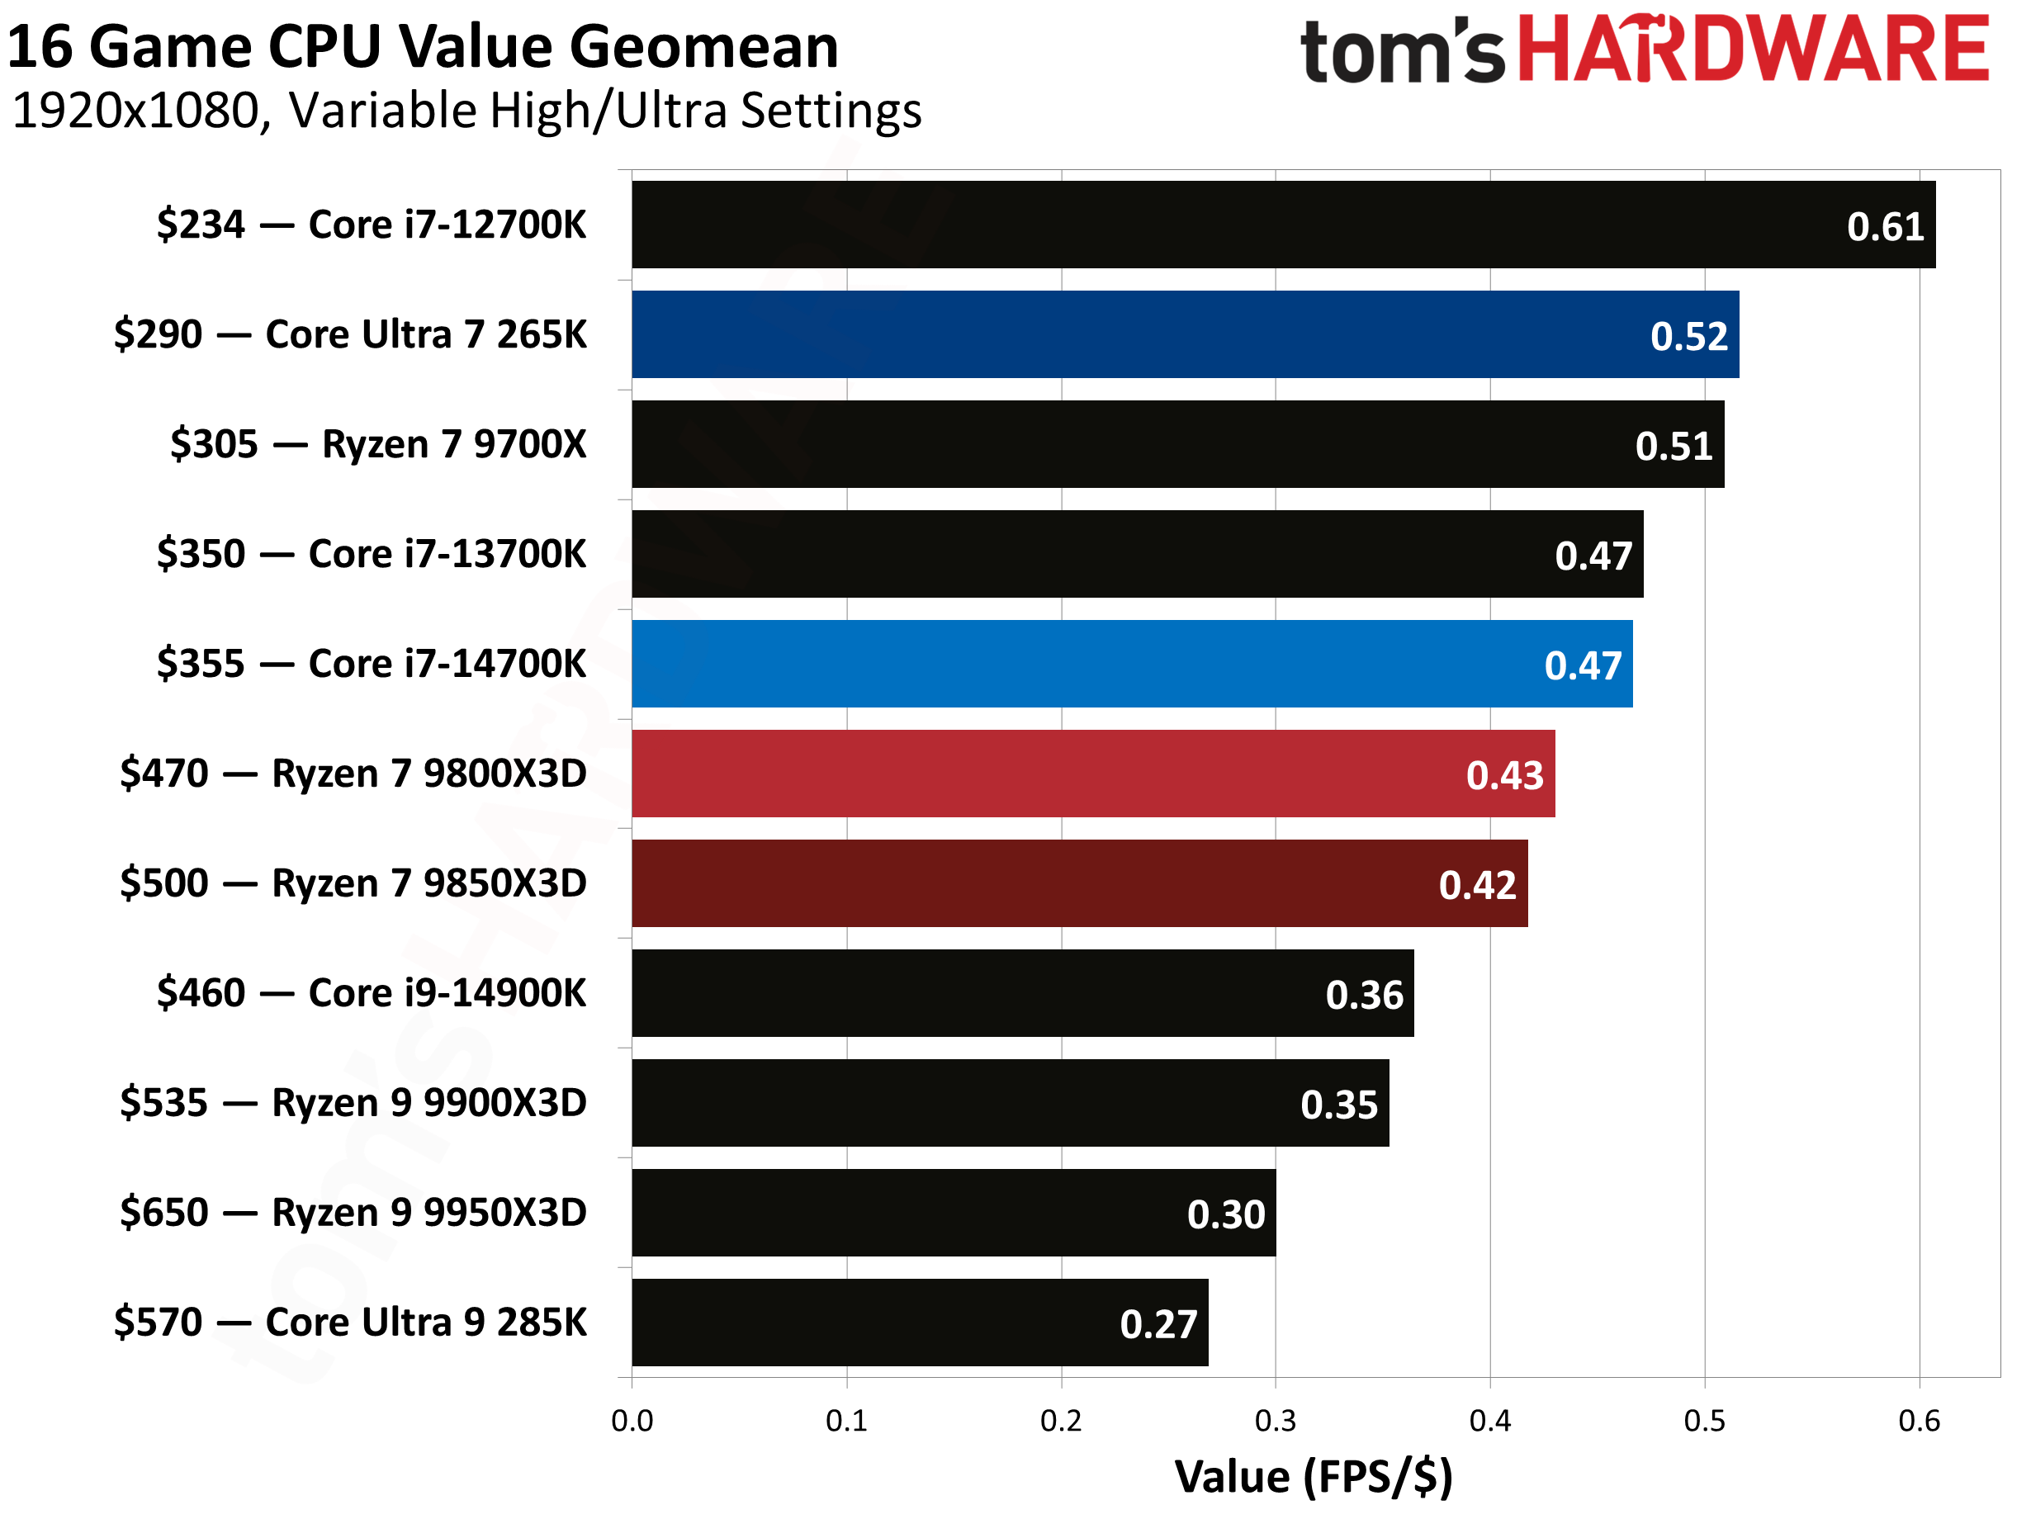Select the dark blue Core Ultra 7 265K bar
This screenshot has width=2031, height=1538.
pos(1185,334)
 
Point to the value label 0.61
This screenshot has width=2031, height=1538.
pos(1885,227)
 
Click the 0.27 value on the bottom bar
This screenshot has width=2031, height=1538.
pos(1158,1324)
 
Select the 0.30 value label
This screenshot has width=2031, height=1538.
pos(1226,1214)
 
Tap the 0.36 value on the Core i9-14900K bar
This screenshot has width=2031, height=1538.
pos(1365,996)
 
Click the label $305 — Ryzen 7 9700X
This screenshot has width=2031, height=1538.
pos(377,444)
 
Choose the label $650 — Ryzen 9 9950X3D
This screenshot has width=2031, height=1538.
pos(353,1212)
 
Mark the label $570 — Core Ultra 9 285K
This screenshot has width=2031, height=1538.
pos(350,1323)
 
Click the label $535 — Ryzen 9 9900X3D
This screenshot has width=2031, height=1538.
pos(353,1103)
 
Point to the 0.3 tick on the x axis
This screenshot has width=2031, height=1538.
pos(1276,1422)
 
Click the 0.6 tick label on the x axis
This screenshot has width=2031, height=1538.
pos(1919,1422)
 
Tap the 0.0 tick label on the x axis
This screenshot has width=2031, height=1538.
pos(632,1422)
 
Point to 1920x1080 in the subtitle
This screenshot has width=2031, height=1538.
pos(138,111)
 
